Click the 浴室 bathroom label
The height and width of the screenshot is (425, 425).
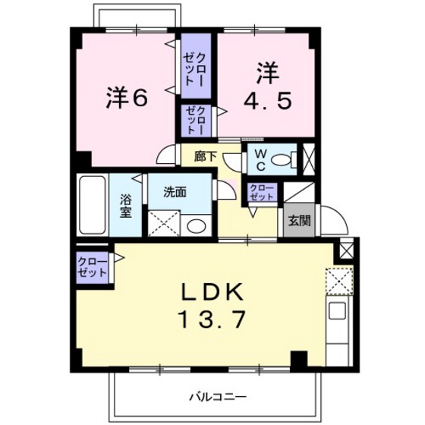125,206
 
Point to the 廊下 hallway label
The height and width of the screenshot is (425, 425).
205,157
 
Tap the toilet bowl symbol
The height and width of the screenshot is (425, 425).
283,159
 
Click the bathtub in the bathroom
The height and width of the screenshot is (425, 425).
91,206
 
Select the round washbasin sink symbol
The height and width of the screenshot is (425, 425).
196,225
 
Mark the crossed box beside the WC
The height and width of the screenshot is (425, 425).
308,160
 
